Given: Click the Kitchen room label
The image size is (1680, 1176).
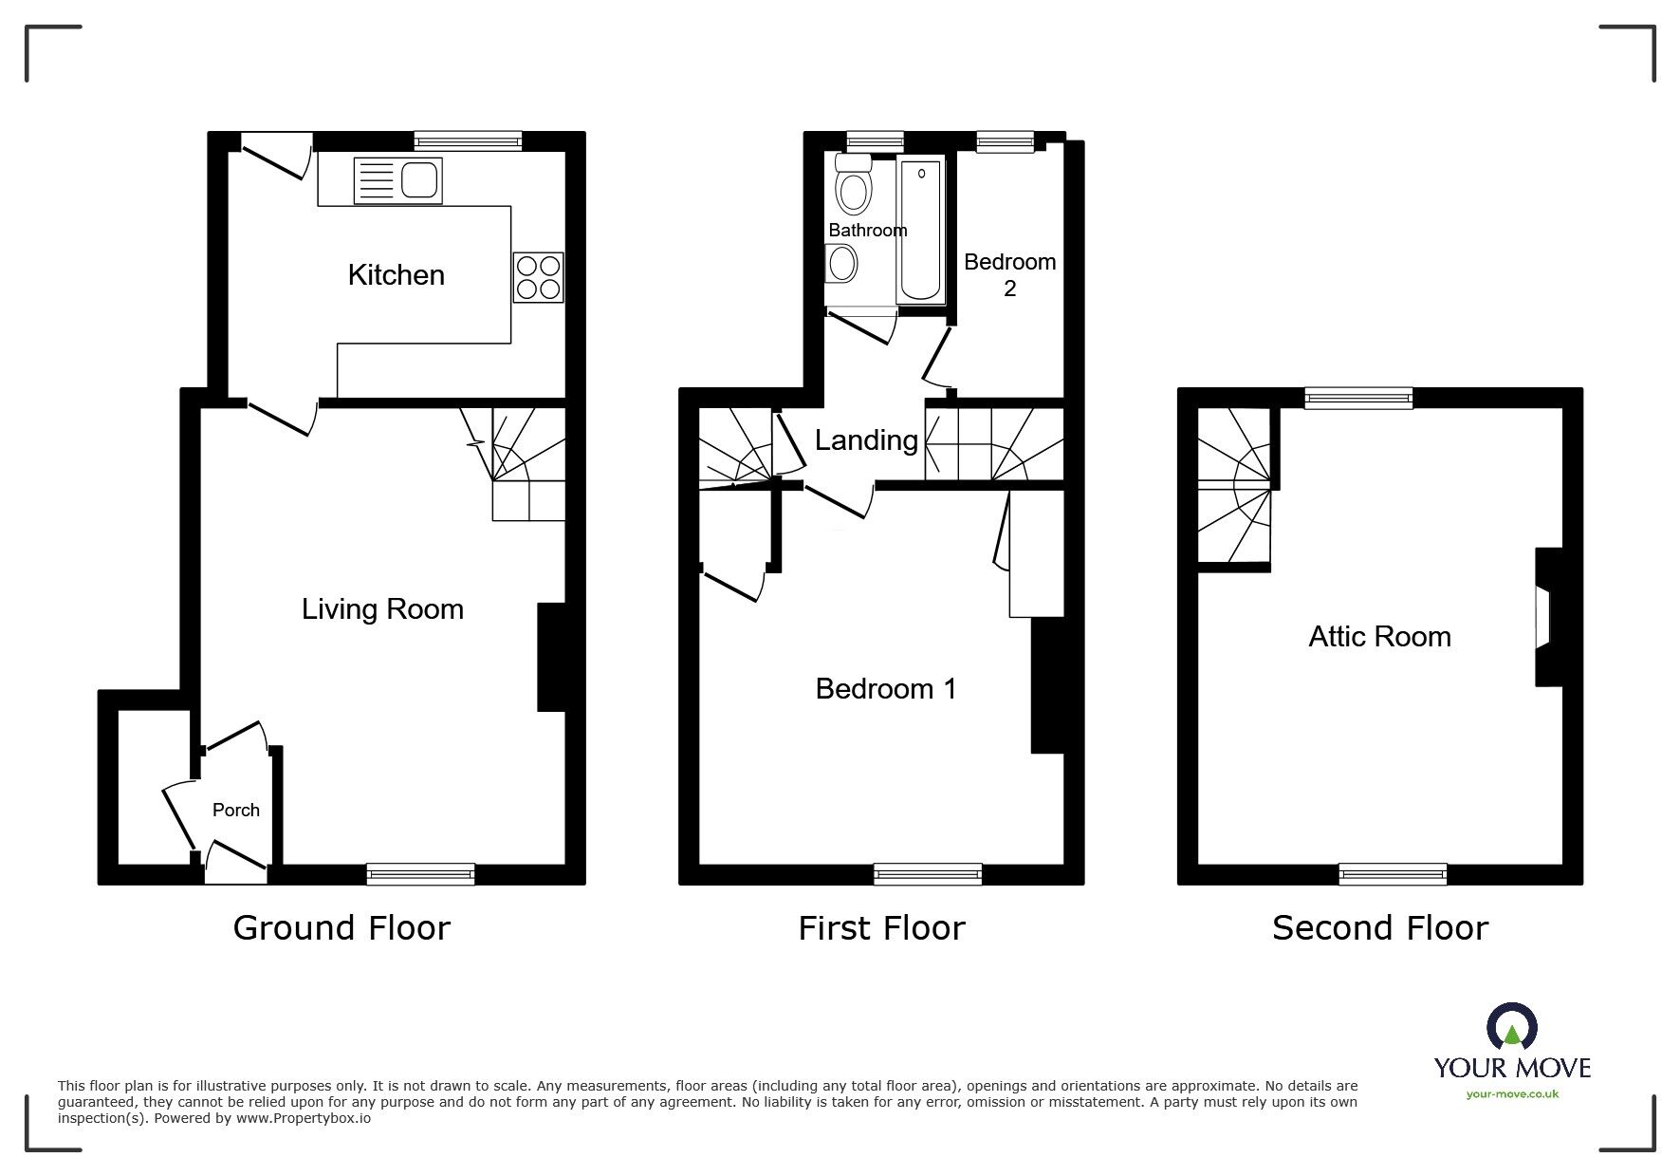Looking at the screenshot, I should click(x=396, y=275).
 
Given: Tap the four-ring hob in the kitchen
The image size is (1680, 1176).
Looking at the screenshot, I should click(x=538, y=277).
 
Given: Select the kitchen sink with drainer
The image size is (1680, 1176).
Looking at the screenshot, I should click(x=397, y=180).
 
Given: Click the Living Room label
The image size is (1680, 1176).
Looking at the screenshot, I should click(x=382, y=609).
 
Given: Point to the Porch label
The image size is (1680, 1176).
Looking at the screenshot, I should click(x=235, y=810).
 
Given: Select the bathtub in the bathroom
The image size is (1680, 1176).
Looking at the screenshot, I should click(x=919, y=231).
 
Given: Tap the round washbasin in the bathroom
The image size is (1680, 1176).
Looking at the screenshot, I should click(x=840, y=262).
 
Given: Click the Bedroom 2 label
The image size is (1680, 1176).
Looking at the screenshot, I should click(x=1009, y=274).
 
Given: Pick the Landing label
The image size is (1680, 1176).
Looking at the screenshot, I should click(x=866, y=440).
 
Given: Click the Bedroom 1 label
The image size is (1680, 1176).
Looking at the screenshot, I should click(x=886, y=689).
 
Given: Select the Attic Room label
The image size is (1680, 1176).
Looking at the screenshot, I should click(x=1379, y=637).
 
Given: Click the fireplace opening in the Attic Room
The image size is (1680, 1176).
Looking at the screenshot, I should click(x=1542, y=617).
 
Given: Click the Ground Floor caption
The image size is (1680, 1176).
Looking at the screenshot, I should click(x=342, y=927).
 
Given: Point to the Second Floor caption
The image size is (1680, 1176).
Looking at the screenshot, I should click(x=1379, y=927).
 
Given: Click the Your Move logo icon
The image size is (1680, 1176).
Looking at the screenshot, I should click(x=1511, y=1029).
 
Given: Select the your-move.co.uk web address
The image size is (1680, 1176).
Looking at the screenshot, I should click(x=1512, y=1094).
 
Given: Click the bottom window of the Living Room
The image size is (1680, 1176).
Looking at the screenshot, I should click(x=420, y=873).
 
